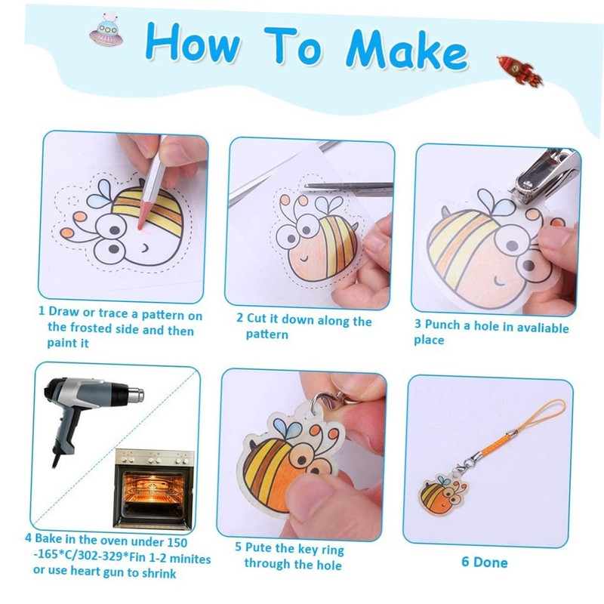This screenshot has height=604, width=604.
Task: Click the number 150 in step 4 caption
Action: (x=177, y=542)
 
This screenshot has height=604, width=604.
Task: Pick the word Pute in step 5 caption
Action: (x=257, y=547)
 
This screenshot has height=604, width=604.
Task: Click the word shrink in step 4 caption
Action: (x=159, y=573)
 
